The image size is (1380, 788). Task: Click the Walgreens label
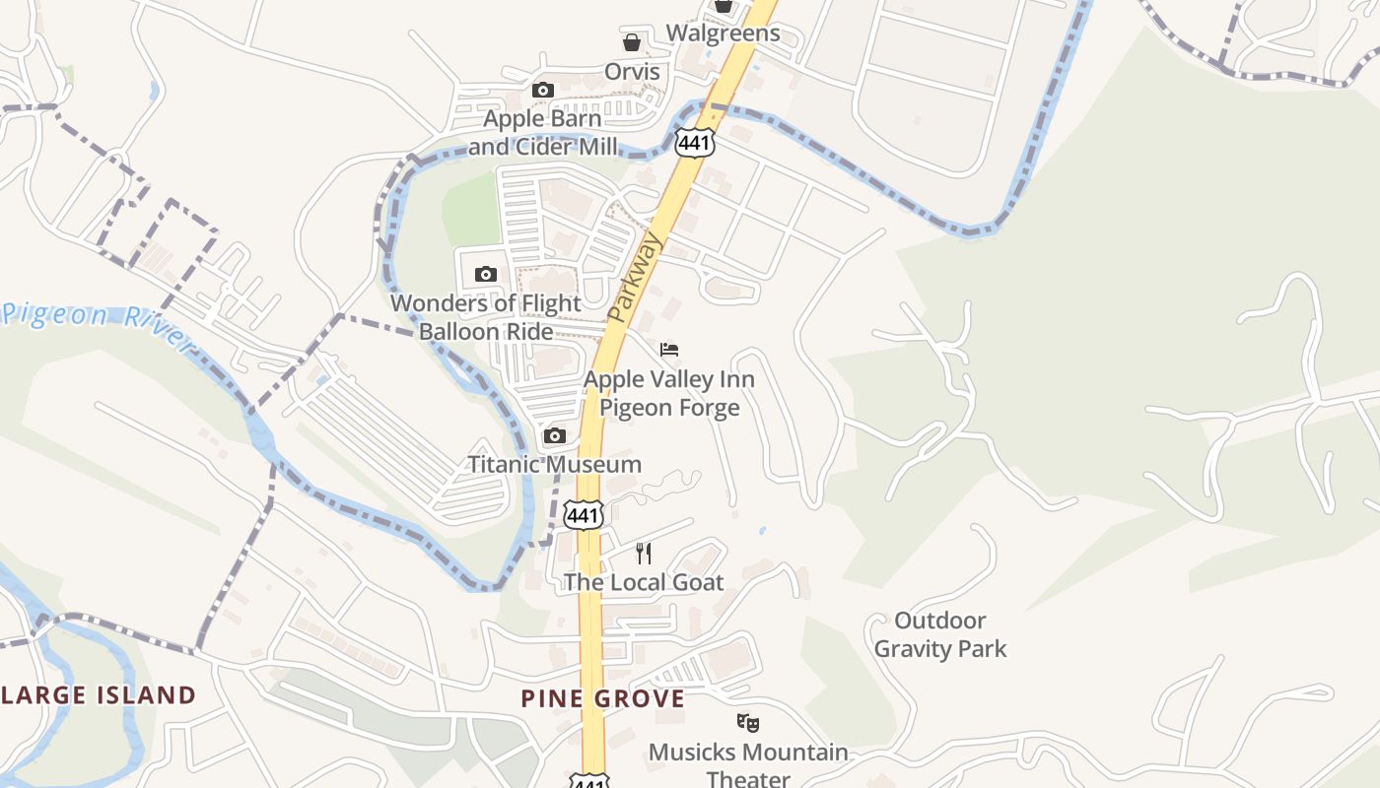pyautogui.click(x=723, y=33)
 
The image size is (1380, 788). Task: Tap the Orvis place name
pyautogui.click(x=632, y=72)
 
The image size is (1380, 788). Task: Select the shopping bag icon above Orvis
pyautogui.click(x=632, y=42)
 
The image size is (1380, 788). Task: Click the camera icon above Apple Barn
pyautogui.click(x=542, y=91)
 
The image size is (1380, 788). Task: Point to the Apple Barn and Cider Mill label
pyautogui.click(x=542, y=133)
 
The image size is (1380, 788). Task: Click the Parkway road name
pyautogui.click(x=636, y=278)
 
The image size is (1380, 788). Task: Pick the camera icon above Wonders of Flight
pyautogui.click(x=485, y=275)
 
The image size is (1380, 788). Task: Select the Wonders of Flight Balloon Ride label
pyautogui.click(x=486, y=317)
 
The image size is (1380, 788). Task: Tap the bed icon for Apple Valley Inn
pyautogui.click(x=669, y=350)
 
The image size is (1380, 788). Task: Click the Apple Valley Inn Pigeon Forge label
pyautogui.click(x=669, y=393)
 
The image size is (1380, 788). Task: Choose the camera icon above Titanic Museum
pyautogui.click(x=555, y=435)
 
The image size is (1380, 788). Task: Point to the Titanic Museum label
pyautogui.click(x=554, y=464)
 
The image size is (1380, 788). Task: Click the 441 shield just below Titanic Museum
pyautogui.click(x=583, y=514)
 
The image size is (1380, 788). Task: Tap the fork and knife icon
pyautogui.click(x=644, y=553)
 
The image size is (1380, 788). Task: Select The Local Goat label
pyautogui.click(x=644, y=582)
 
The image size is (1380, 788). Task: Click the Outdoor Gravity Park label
pyautogui.click(x=940, y=634)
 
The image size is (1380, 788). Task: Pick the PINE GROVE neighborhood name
pyautogui.click(x=602, y=699)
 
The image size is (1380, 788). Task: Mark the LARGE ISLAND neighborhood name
pyautogui.click(x=99, y=695)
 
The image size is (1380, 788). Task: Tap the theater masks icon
pyautogui.click(x=748, y=724)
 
